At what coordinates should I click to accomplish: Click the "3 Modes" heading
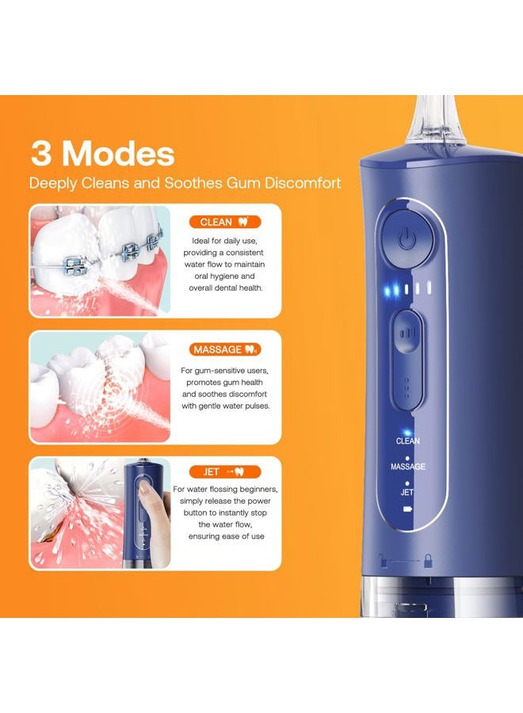[x=102, y=152]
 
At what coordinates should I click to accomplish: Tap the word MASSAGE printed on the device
[x=407, y=467]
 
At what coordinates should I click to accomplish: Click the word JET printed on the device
[x=407, y=492]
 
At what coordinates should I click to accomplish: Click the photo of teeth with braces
[x=99, y=261]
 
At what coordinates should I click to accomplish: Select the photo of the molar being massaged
[x=99, y=386]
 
